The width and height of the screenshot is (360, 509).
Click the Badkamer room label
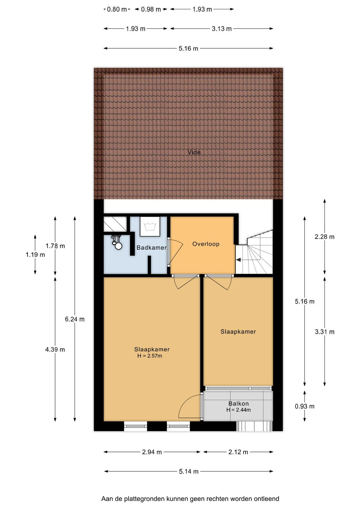(151, 248)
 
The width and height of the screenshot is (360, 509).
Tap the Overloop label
(206, 244)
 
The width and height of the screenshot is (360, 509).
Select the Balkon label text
(239, 403)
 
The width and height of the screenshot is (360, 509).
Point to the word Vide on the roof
(194, 152)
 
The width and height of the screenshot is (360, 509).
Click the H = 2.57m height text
(150, 356)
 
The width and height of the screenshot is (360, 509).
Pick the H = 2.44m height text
(239, 410)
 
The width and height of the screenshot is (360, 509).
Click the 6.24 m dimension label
(75, 319)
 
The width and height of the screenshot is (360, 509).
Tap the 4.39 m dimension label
(55, 349)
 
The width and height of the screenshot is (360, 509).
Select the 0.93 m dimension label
(305, 406)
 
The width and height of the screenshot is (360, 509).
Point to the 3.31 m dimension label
(325, 332)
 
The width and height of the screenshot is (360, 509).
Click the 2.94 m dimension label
(152, 452)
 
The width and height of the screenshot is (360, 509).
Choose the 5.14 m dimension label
(189, 471)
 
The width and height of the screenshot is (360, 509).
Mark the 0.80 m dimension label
(117, 9)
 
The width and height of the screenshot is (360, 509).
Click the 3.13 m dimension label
(222, 29)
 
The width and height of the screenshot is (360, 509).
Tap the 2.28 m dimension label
(325, 237)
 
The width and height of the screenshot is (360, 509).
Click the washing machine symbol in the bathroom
(150, 226)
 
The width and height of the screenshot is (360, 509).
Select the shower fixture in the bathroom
(117, 242)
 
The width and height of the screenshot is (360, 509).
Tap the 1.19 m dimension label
(35, 254)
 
